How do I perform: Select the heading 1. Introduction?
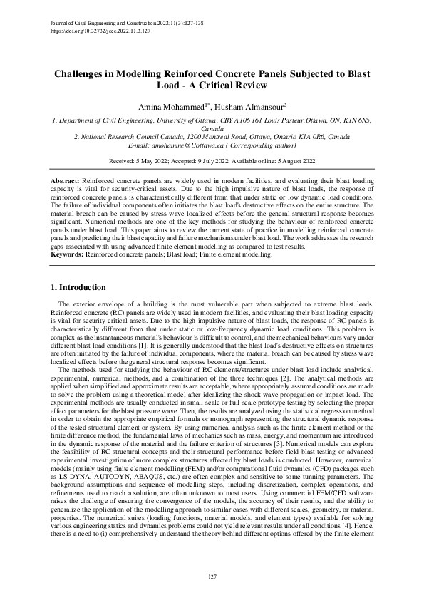(x=81, y=287)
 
